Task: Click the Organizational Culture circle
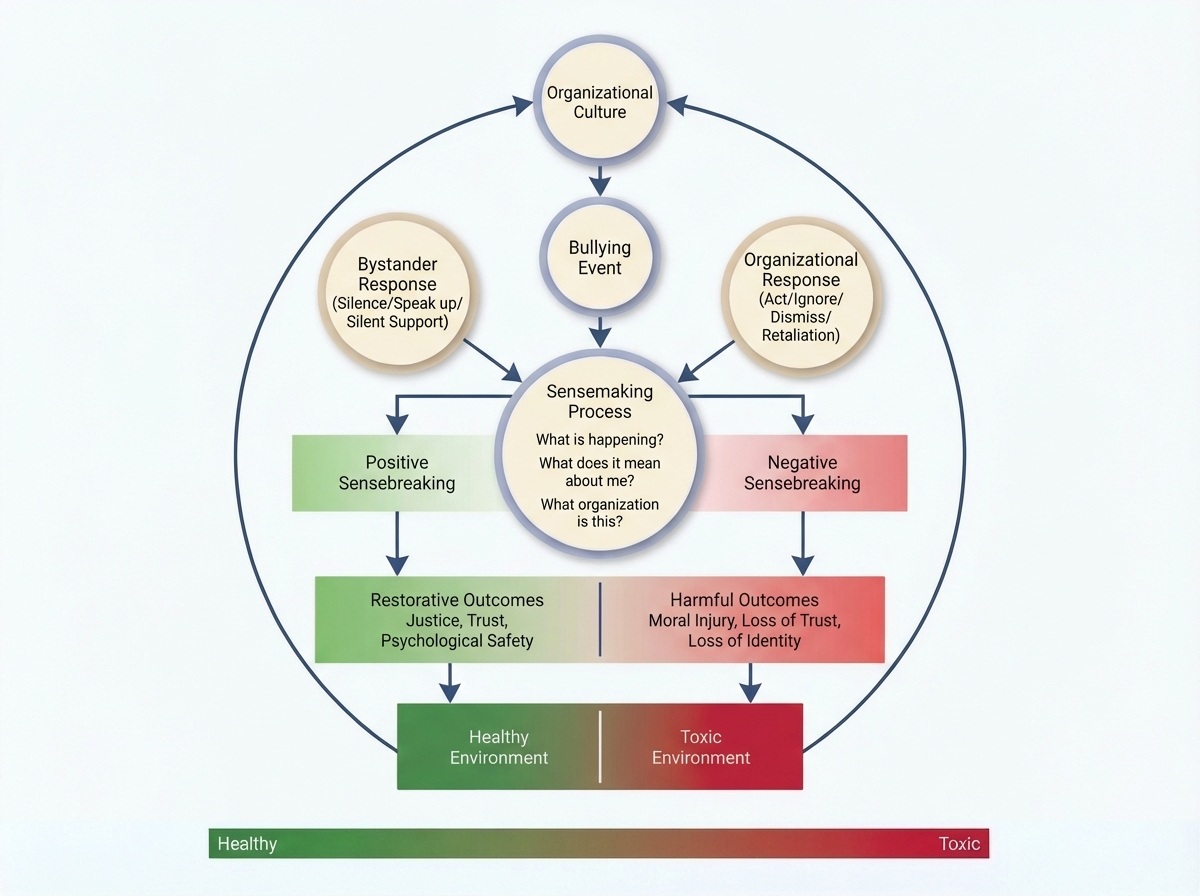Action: point(600,102)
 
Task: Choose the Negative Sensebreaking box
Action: point(813,473)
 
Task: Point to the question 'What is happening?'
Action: point(600,440)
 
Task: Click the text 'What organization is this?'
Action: point(600,512)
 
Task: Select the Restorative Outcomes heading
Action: point(457,600)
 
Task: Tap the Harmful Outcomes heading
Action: point(744,600)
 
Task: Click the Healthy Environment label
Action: point(498,747)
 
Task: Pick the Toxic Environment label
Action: point(701,747)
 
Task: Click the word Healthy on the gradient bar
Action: point(247,844)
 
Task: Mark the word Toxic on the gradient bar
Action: point(960,844)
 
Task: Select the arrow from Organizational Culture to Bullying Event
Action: point(600,180)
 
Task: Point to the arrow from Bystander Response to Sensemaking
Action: point(491,362)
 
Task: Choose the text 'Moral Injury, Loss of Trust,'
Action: point(744,621)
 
